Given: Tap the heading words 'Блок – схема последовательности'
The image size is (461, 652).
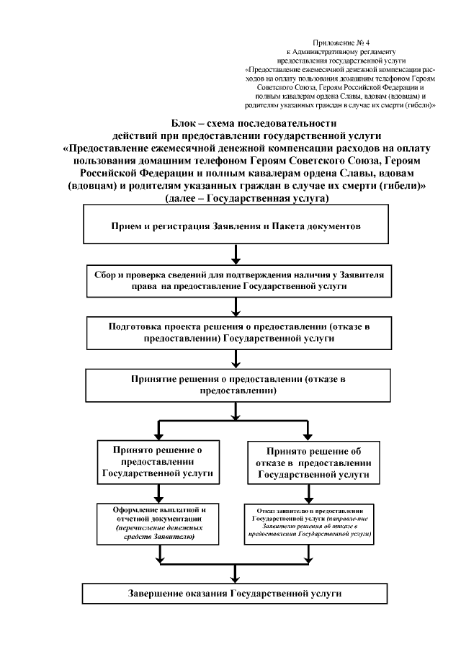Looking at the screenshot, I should click(236, 123).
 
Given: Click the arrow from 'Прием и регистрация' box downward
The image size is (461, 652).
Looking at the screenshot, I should click(236, 255).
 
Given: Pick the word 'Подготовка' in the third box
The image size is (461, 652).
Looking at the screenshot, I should click(133, 326).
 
